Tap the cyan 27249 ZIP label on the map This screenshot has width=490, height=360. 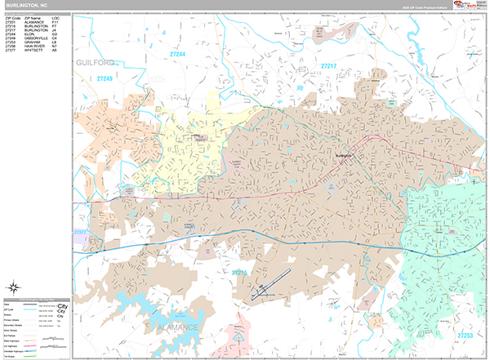(105, 79)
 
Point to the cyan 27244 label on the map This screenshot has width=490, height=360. (176, 55)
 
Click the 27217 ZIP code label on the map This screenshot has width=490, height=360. (328, 65)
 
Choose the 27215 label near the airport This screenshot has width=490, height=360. (238, 272)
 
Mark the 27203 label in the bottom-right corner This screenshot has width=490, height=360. (465, 335)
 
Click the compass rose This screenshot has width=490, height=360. (15, 286)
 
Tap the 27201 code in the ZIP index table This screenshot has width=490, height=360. (10, 21)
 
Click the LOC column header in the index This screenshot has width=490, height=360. (55, 16)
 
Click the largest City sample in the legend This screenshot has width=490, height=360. (62, 307)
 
